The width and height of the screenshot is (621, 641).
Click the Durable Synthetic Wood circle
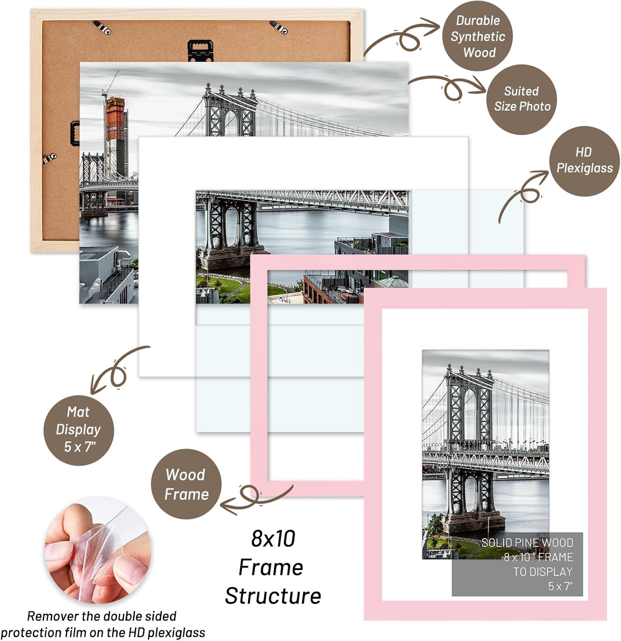(477, 36)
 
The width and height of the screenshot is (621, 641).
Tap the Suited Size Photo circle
(522, 99)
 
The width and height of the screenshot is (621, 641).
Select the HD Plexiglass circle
(584, 161)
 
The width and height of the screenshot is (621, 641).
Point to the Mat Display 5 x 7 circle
(79, 429)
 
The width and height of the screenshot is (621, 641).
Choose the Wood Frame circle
(186, 484)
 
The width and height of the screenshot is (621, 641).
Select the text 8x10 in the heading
(273, 538)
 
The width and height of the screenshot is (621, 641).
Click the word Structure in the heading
(273, 596)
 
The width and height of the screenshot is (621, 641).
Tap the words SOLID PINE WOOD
(527, 543)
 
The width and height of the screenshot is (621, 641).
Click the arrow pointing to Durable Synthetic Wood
(402, 36)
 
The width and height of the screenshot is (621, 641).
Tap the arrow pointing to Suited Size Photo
(449, 85)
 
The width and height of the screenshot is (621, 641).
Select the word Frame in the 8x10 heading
(271, 567)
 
